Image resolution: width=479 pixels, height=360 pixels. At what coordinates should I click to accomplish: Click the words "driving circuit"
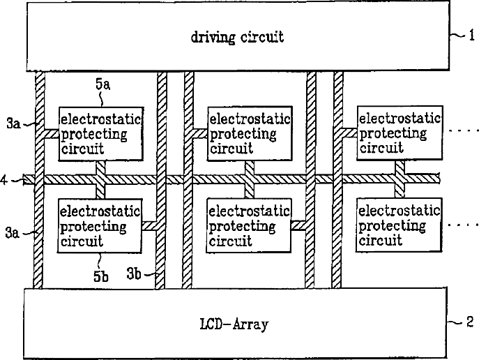(237, 37)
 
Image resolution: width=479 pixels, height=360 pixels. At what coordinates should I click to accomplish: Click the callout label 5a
(102, 84)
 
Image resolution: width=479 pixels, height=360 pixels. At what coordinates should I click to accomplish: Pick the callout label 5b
(100, 276)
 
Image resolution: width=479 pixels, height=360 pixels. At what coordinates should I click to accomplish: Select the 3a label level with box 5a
(13, 124)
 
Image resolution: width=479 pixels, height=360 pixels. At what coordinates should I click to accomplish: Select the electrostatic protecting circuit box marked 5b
(100, 226)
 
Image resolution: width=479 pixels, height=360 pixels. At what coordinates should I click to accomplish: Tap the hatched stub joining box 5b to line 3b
(149, 226)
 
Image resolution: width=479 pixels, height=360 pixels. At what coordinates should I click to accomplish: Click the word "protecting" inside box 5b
(93, 226)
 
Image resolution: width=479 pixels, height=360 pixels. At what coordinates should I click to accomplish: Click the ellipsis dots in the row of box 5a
(462, 131)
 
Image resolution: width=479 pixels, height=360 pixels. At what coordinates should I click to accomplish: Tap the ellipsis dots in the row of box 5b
(462, 225)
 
